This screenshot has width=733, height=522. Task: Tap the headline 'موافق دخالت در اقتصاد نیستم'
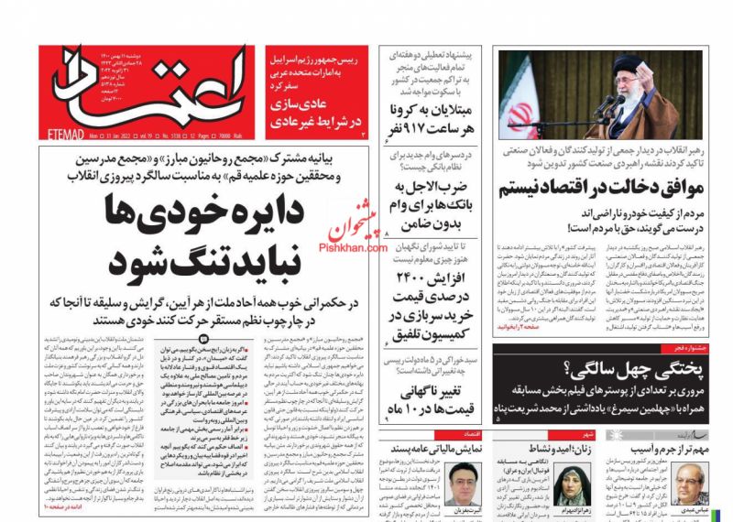click(x=600, y=189)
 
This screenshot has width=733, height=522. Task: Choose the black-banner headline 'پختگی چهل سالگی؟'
click(x=641, y=369)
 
